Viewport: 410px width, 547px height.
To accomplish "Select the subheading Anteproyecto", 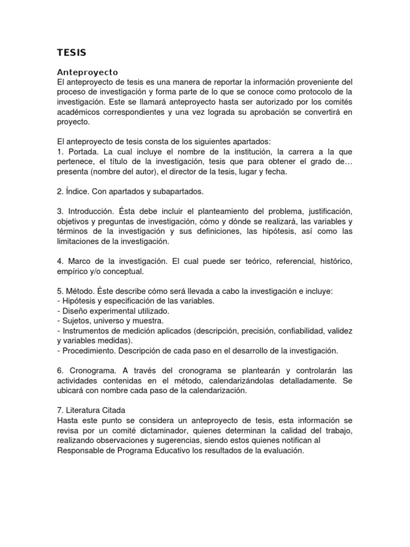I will [87, 72].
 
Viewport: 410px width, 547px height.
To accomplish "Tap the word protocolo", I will [311, 92].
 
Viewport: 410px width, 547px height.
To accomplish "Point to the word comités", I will [336, 101].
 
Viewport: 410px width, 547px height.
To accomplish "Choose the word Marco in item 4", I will [81, 261].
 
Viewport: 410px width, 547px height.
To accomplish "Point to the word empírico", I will [73, 271].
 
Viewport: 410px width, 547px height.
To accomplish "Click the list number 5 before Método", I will [59, 291].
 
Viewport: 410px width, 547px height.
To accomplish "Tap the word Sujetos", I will [74, 321].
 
